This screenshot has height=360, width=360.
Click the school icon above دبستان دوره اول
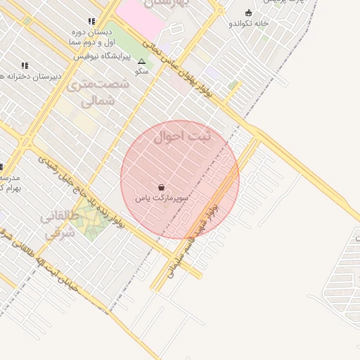click(x=91, y=22)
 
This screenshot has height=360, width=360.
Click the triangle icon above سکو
click(x=141, y=62)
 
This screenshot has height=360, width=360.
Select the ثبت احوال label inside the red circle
click(x=181, y=136)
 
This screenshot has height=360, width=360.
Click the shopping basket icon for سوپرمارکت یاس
click(x=162, y=188)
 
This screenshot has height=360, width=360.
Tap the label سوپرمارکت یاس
click(x=162, y=199)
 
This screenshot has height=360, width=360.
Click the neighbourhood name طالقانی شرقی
click(x=58, y=225)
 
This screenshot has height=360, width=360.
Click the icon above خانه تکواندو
click(x=247, y=13)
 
